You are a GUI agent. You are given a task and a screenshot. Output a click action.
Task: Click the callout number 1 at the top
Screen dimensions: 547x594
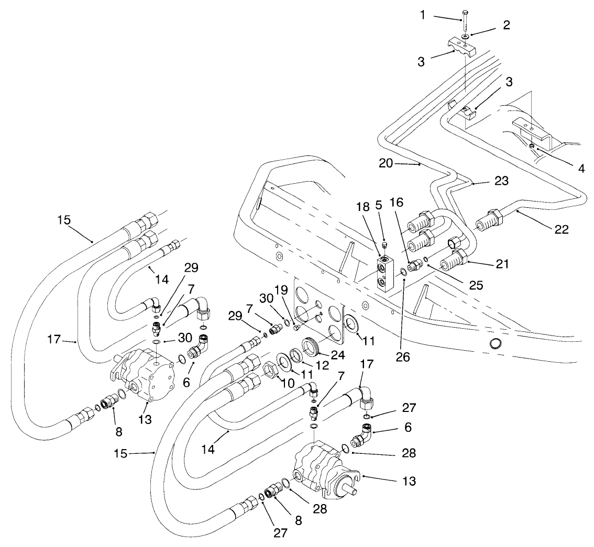(424, 15)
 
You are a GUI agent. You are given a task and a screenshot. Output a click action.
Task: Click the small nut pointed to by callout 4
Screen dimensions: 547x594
(531, 146)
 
